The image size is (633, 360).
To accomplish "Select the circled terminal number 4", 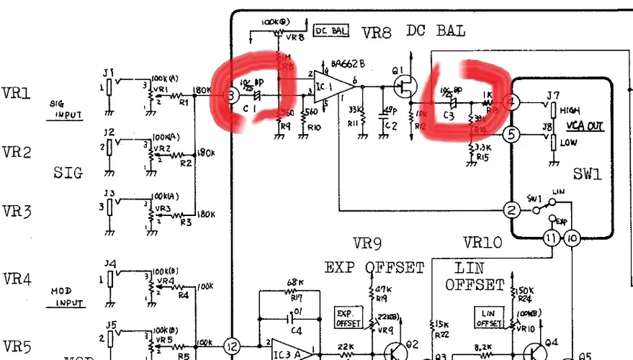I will point(511,102).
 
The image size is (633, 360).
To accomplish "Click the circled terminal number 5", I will point(511,134).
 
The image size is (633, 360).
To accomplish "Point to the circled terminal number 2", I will point(511,210).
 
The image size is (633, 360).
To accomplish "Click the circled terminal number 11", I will point(551,238).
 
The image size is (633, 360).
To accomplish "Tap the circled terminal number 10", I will point(572,238).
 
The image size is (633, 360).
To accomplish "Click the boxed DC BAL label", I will point(331,31).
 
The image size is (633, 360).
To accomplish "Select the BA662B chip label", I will point(348,63).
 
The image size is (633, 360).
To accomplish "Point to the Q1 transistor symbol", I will point(405,86).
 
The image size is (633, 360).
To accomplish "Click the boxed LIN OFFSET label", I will point(491,315).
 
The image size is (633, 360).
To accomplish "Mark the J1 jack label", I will point(108,72).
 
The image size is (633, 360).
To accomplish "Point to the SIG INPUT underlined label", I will point(66,109).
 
